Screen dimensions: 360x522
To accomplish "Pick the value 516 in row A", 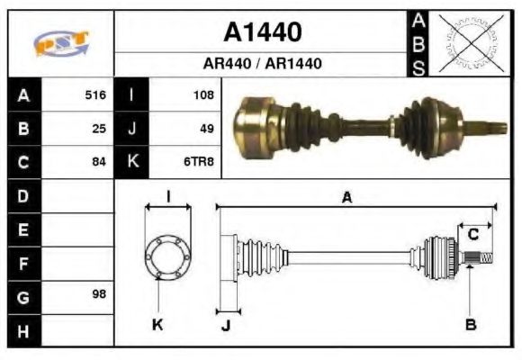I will pyautogui.click(x=95, y=94).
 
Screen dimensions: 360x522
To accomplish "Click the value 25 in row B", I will pyautogui.click(x=99, y=129).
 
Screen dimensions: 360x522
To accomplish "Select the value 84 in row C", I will pyautogui.click(x=99, y=163).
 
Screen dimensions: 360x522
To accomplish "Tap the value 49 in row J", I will pyautogui.click(x=206, y=129).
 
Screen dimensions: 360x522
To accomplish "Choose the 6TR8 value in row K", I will pyautogui.click(x=199, y=163).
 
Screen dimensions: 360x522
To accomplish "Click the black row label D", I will pyautogui.click(x=23, y=195).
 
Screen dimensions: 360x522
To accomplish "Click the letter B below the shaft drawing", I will pyautogui.click(x=471, y=324).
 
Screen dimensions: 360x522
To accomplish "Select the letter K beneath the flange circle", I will pyautogui.click(x=158, y=324).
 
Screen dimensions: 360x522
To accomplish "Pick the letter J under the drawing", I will pyautogui.click(x=225, y=325).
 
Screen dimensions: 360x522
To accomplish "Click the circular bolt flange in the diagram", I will pyautogui.click(x=168, y=258).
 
